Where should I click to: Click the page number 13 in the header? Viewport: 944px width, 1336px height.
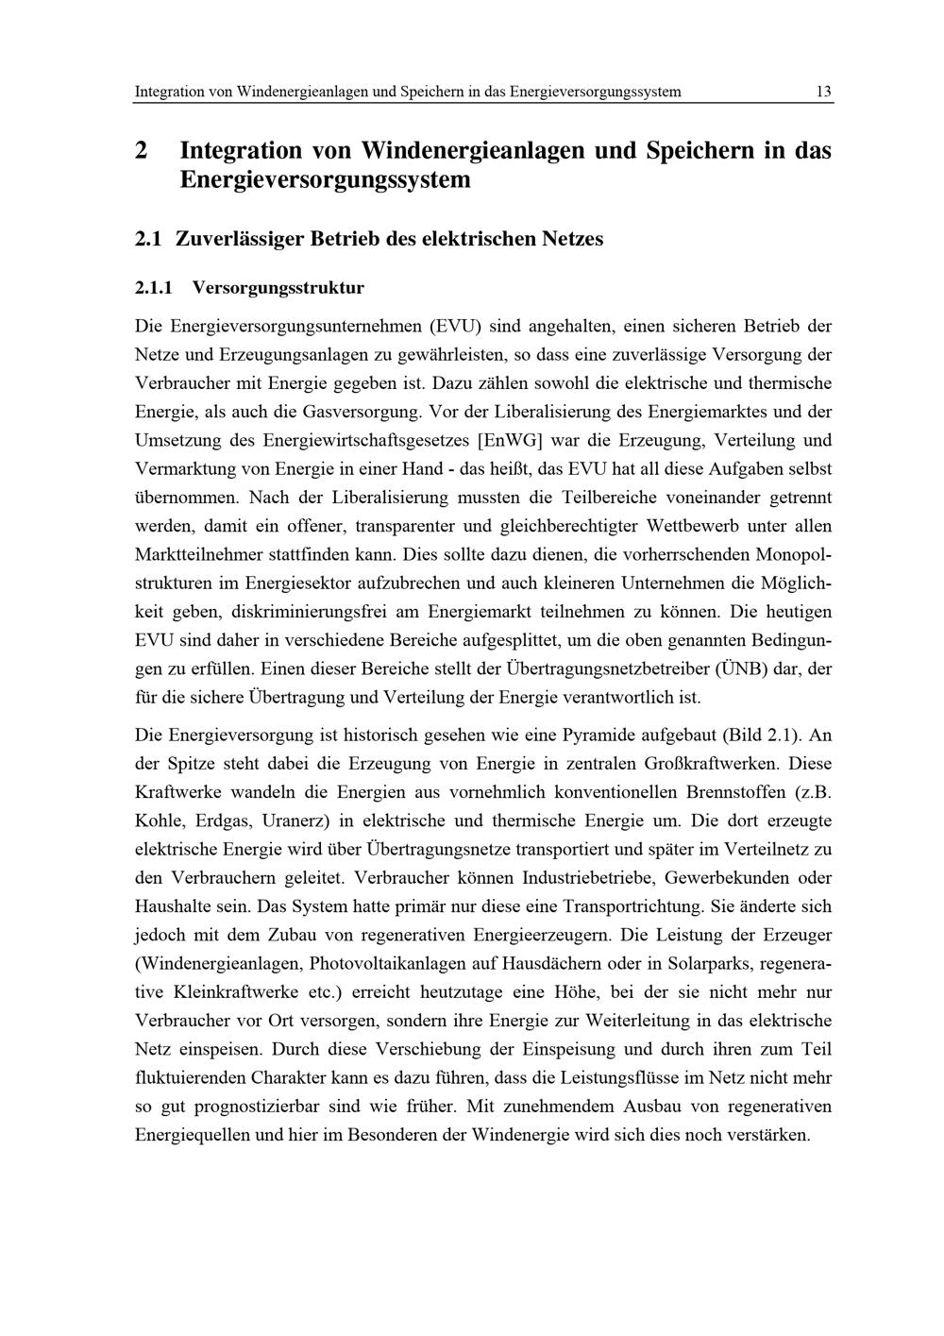[823, 92]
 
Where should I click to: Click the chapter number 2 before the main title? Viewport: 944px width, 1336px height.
[142, 150]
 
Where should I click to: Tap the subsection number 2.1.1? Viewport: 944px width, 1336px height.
[157, 286]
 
